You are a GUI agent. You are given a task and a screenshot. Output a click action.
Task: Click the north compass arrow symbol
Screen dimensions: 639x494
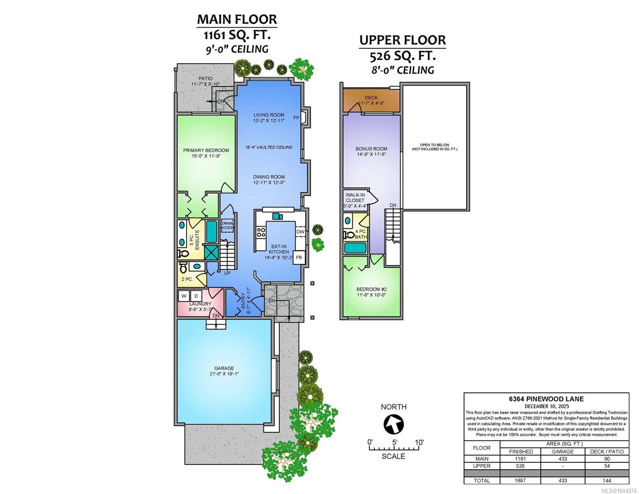393,424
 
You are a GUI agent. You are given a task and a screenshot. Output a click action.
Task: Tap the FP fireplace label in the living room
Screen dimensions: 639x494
296,118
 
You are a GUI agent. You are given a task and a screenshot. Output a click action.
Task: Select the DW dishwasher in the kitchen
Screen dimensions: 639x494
300,231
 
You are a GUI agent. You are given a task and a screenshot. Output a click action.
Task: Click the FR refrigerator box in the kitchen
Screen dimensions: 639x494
299,257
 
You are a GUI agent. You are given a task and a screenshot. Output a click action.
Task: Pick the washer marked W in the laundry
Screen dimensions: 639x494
184,296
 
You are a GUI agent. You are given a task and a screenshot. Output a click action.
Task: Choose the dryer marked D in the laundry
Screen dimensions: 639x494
196,296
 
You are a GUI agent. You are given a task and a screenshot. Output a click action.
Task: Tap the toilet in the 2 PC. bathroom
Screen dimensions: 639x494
183,267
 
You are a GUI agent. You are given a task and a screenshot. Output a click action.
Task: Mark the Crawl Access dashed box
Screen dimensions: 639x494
227,225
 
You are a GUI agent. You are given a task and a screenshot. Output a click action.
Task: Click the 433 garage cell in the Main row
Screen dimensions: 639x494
562,459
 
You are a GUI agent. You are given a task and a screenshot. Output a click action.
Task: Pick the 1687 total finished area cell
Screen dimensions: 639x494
520,480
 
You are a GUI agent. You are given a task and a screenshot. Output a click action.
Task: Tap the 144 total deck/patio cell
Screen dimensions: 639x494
606,480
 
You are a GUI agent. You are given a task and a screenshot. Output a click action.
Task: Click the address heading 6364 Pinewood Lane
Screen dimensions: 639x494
546,399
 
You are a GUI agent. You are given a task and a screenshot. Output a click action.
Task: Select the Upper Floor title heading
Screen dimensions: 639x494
402,40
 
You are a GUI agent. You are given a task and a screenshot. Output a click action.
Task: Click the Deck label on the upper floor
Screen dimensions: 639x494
371,98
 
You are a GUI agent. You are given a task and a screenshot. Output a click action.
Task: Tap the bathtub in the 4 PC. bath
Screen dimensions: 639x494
355,248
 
